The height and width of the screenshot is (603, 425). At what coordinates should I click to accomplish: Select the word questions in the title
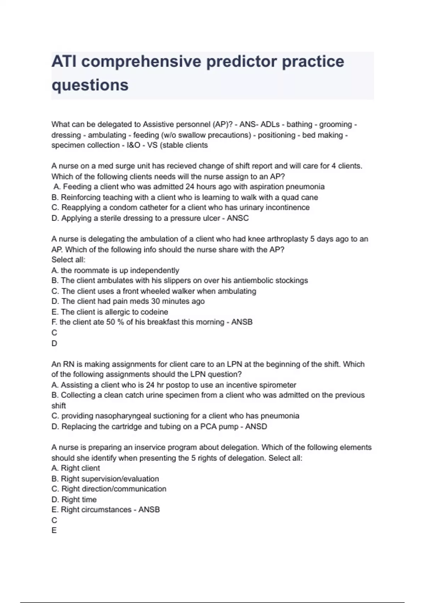tap(90, 85)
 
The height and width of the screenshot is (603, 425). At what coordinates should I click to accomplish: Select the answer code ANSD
tap(256, 426)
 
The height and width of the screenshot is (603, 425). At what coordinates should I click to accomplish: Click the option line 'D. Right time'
tap(74, 499)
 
